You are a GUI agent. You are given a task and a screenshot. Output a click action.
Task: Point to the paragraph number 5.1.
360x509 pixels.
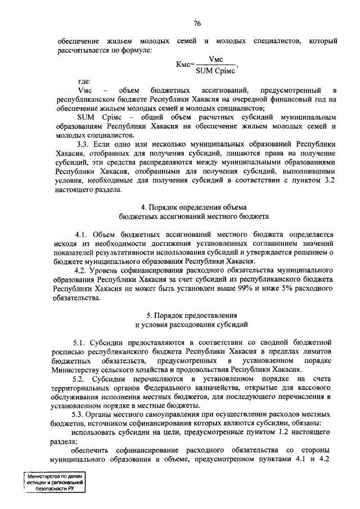pos(82,342)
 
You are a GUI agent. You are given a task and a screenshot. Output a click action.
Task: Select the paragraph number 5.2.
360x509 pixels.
pos(82,379)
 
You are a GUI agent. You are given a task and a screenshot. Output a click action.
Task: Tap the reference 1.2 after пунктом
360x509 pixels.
pos(286,433)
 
